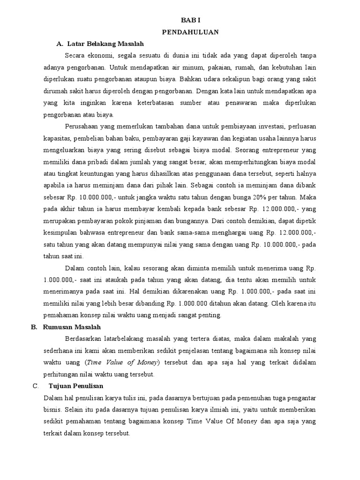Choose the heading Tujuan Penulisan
[76, 386]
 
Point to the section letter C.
[35, 386]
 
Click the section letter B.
[34, 327]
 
